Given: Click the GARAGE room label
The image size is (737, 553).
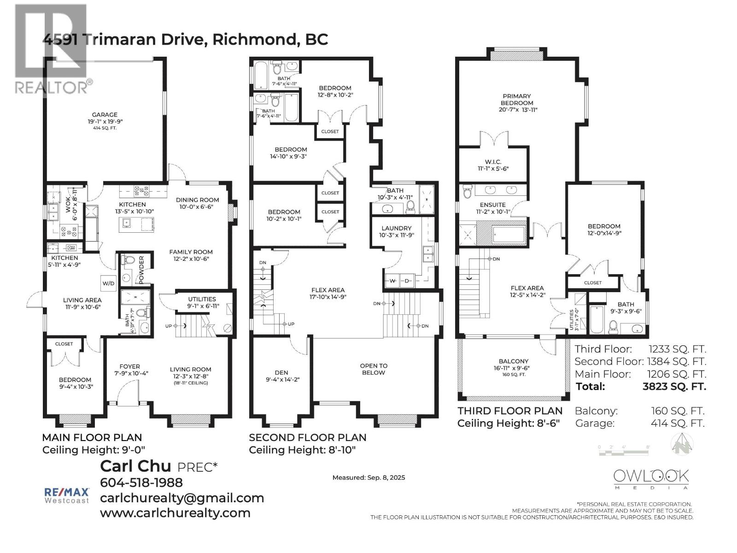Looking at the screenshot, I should point(105,115).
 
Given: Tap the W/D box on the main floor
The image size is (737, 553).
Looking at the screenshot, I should point(108,283).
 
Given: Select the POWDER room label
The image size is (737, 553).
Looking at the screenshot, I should point(141,270).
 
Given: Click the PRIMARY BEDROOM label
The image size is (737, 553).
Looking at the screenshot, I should point(517,100).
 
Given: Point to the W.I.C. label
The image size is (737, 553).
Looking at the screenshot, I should point(493,162).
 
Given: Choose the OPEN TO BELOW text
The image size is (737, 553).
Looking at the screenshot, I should point(374,369).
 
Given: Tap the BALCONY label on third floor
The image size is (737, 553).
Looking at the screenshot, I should point(513,361).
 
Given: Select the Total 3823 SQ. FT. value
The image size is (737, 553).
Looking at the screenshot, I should point(674,386).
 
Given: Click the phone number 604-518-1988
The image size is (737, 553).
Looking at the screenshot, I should point(141,482).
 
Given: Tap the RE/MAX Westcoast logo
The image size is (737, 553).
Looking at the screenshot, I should point(66,495).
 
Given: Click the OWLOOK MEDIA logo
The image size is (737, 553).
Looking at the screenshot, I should point(651,479).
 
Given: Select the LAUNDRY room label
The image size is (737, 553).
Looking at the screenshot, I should point(396,228).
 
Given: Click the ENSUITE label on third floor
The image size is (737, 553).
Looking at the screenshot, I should point(492,205).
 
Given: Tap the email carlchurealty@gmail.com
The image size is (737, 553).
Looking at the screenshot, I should point(182,498).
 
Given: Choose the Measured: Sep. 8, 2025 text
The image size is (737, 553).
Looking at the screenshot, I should point(368,477).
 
